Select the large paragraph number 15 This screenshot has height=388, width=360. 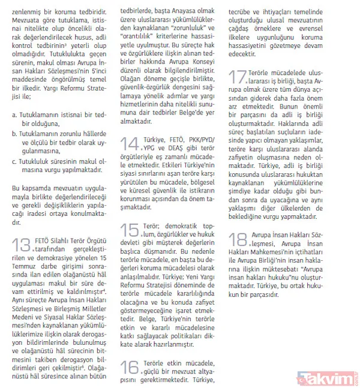tap(132, 230)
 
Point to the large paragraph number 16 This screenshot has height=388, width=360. tap(132, 367)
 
